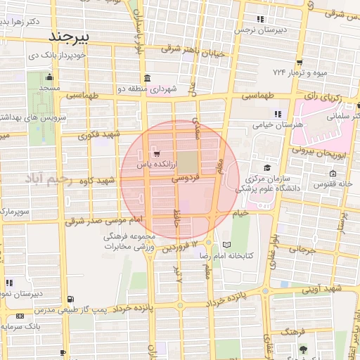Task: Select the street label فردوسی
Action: click(x=186, y=179)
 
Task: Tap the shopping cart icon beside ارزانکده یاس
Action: click(x=156, y=153)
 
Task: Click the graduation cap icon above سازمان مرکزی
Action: click(x=267, y=167)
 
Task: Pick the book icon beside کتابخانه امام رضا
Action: click(x=226, y=245)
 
